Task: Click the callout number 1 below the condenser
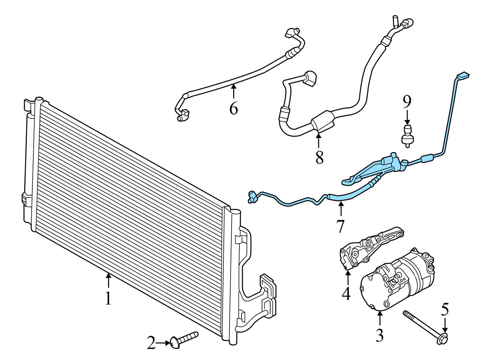[108, 298]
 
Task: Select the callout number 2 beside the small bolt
[151, 343]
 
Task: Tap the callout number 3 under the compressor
[379, 335]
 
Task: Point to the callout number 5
[445, 309]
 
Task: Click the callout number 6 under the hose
[233, 108]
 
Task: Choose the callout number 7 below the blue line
[340, 226]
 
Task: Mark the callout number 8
[319, 157]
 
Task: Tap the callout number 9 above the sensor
[407, 102]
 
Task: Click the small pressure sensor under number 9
[406, 135]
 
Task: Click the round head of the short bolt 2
[175, 343]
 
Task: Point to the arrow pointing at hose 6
[233, 91]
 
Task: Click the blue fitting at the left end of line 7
[252, 197]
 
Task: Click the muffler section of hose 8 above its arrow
[323, 124]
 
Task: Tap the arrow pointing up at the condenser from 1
[108, 281]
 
